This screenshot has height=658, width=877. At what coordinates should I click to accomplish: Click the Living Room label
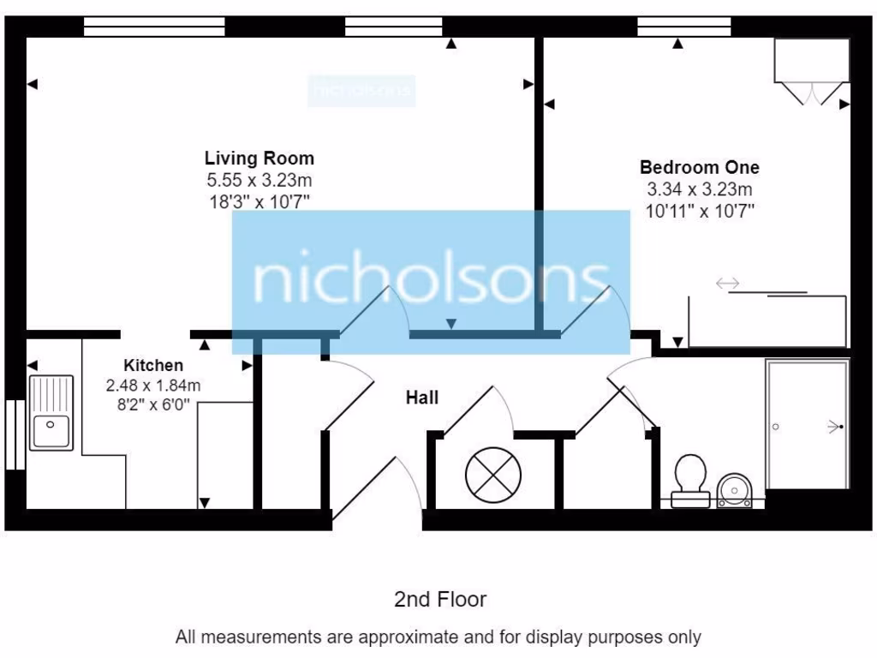[x=259, y=159]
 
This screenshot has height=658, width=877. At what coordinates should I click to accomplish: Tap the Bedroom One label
[x=699, y=167]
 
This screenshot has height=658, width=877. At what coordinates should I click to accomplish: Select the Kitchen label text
[x=152, y=365]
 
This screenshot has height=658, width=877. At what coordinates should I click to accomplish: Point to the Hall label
[x=421, y=398]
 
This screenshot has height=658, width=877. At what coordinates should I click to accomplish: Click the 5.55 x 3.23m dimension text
[x=259, y=181]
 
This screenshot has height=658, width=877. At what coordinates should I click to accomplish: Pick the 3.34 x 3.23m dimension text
[x=699, y=189]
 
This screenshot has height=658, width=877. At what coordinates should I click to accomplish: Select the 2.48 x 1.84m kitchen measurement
[x=152, y=386]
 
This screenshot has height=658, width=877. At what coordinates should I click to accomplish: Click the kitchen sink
[x=52, y=412]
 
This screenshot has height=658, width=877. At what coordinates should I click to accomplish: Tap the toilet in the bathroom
[x=689, y=481]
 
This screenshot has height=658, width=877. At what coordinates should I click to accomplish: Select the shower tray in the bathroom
[x=807, y=425]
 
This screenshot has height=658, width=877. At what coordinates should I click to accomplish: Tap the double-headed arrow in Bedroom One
[x=728, y=283]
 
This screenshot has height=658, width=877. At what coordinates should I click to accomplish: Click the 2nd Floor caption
[x=439, y=599]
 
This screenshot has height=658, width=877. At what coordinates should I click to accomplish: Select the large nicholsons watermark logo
[x=431, y=282]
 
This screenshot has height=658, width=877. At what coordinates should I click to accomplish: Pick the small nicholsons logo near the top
[x=361, y=90]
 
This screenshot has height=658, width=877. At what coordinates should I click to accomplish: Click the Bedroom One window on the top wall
[x=683, y=27]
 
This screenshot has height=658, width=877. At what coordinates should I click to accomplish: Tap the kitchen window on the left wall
[x=15, y=434]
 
